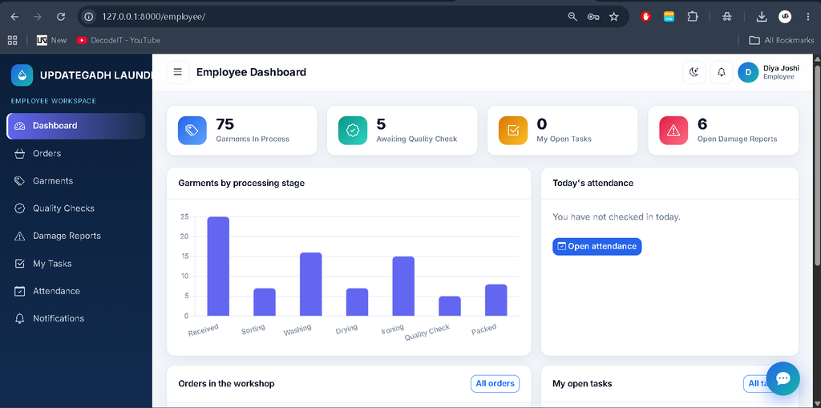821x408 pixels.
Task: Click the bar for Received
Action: point(218,266)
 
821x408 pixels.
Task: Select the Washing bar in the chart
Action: point(310,284)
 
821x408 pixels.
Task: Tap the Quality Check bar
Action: point(450,306)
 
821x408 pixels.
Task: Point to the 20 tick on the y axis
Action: point(184,236)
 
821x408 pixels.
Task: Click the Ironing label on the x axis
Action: point(393,329)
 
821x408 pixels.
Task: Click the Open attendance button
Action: point(597,246)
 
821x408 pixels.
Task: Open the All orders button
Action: point(495,383)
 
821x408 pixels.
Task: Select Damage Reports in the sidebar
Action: point(67,236)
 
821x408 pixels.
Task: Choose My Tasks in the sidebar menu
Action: point(52,264)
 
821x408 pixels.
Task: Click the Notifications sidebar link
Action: point(58,318)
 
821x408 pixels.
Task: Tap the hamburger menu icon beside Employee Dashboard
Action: point(177,72)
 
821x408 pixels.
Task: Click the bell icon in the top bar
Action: point(721,72)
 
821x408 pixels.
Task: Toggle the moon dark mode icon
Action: point(694,72)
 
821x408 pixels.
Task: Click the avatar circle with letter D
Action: point(748,72)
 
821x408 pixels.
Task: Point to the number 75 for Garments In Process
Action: point(225,124)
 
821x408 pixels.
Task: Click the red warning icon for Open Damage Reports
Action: point(673,131)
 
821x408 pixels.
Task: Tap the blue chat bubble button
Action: point(783,378)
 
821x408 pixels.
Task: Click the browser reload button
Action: point(61,17)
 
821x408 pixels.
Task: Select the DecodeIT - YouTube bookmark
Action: point(119,40)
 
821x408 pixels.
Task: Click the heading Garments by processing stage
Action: point(241,183)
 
